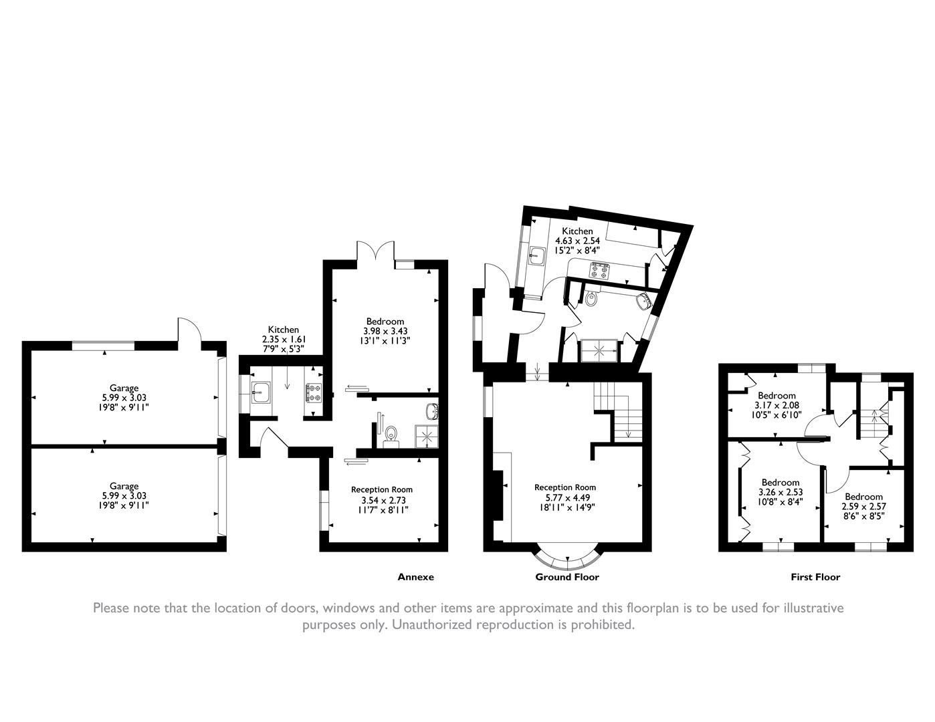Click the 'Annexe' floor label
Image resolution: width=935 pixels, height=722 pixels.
click(x=415, y=577)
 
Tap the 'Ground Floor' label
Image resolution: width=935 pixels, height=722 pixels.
click(x=567, y=577)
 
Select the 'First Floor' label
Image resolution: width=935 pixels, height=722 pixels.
click(x=815, y=577)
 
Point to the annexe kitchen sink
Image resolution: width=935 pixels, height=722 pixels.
click(x=262, y=393)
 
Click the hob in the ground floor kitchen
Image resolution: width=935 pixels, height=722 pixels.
click(x=599, y=271)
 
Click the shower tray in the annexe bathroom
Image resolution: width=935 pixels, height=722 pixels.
click(x=427, y=435)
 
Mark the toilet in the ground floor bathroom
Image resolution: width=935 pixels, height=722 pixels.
click(x=591, y=299)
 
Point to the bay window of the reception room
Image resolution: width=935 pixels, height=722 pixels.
click(x=567, y=557)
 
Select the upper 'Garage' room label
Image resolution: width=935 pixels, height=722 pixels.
click(x=124, y=388)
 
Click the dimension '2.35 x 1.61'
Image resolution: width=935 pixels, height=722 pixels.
click(x=283, y=340)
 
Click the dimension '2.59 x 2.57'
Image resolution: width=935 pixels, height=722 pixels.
click(x=863, y=506)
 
